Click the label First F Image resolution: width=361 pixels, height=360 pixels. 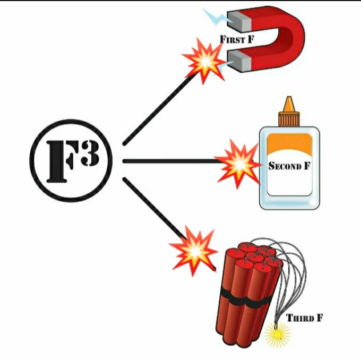[237, 40]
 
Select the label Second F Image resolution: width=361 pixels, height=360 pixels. [289, 166]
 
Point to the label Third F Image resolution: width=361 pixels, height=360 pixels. [304, 318]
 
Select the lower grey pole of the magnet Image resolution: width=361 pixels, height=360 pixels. [239, 61]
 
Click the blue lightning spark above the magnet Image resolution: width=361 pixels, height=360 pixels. [215, 16]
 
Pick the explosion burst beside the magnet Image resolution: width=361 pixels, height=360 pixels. [204, 61]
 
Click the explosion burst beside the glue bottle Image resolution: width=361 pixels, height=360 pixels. [238, 164]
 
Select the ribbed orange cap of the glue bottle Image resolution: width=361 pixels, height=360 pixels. [289, 119]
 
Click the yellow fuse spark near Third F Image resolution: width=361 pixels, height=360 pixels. [277, 334]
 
